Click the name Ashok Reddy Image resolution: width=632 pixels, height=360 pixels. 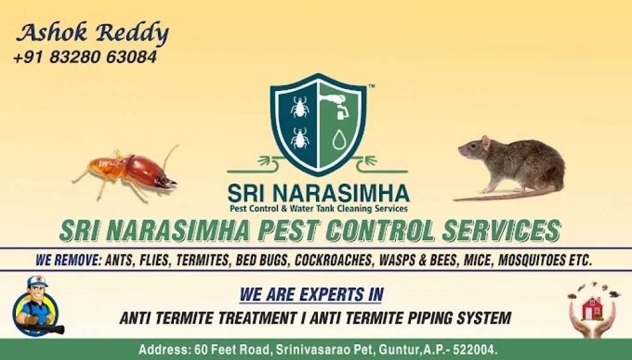click(93, 33)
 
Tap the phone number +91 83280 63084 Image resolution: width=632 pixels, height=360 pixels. click(85, 57)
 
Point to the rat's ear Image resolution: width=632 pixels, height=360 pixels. click(485, 143)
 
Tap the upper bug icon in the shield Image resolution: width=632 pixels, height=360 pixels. click(300, 107)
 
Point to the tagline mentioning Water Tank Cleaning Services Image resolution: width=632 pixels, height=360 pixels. click(318, 208)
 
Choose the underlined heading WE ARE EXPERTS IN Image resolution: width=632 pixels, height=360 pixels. click(311, 294)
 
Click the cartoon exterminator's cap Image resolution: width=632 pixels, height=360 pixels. click(37, 282)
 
